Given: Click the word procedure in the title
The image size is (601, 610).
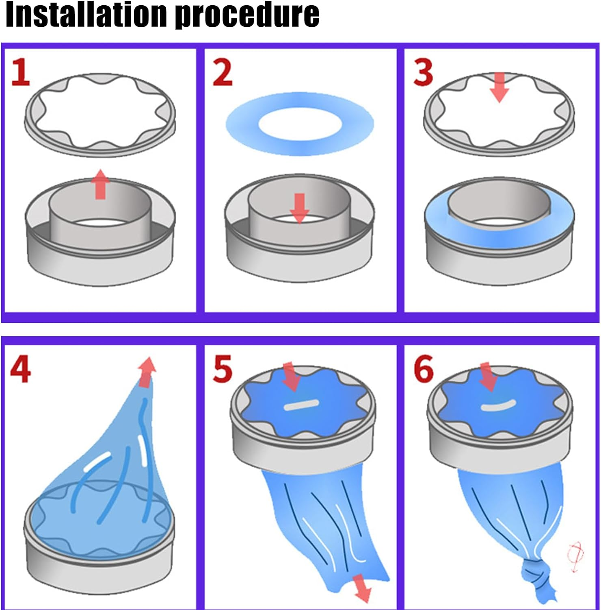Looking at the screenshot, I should (247, 15).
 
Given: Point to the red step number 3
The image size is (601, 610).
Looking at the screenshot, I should (423, 72).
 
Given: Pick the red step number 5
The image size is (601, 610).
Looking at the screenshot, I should (223, 369).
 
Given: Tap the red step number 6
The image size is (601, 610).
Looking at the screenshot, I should (423, 369).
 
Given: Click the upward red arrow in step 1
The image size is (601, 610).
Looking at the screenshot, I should (100, 185).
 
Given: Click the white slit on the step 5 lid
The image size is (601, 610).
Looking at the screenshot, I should (301, 405).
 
